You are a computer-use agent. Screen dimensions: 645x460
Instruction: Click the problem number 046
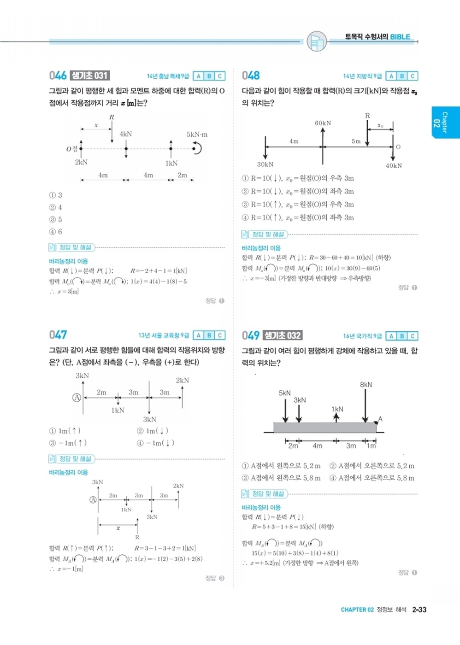[x=58, y=76]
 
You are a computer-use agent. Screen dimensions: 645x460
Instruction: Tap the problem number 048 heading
[x=251, y=76]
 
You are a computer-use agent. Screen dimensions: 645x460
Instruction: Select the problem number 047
[x=58, y=335]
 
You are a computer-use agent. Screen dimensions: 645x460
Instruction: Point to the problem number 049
[x=251, y=335]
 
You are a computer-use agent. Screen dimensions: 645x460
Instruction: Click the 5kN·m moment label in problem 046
[x=197, y=135]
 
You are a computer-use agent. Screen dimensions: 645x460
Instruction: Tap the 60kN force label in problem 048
[x=323, y=123]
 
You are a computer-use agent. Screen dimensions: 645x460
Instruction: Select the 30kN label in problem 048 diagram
[x=265, y=164]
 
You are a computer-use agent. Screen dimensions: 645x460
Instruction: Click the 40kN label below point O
[x=394, y=166]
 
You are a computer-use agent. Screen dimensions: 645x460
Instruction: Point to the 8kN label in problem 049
[x=366, y=385]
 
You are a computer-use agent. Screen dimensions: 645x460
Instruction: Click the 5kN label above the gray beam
[x=285, y=393]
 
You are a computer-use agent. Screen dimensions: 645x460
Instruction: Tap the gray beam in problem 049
[x=324, y=428]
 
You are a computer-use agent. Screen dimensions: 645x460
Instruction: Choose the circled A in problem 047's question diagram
[x=77, y=397]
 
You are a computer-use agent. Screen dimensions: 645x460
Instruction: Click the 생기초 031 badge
[x=90, y=76]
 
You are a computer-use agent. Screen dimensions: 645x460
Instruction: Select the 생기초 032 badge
[x=283, y=335]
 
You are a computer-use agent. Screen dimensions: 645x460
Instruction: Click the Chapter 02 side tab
[x=445, y=122]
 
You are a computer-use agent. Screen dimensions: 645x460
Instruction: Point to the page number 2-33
[x=419, y=610]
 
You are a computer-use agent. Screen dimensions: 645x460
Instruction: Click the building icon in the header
[x=316, y=42]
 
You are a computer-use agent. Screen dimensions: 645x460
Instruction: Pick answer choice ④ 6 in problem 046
[x=56, y=232]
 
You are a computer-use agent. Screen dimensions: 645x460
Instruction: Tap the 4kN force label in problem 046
[x=126, y=134]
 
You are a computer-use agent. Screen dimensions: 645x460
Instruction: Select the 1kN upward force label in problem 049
[x=337, y=409]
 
